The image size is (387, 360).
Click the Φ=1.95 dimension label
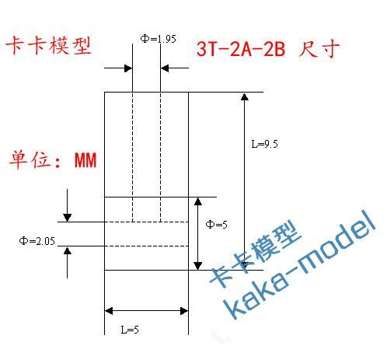coord(158,39)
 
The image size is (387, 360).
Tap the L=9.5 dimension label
coord(264,144)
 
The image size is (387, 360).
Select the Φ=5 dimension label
coord(216,225)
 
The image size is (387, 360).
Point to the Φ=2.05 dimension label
coord(37,241)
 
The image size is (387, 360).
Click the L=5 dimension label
coord(130,330)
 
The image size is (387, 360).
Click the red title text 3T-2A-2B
coord(241,49)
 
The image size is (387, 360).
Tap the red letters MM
coord(85,160)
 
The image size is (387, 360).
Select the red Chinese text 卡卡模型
coord(48,46)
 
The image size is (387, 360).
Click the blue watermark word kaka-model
coord(299,264)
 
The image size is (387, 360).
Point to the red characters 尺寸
coord(319,48)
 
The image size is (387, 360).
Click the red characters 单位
coord(30,159)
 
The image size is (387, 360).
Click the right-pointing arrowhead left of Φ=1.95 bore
coord(128,68)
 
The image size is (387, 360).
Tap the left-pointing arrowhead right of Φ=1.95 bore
coord(165,68)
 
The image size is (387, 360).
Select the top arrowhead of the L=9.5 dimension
coord(245,96)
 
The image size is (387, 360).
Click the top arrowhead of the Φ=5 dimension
coord(198,201)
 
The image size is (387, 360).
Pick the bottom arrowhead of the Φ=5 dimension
coord(198,266)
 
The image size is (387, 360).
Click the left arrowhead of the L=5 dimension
coord(109,311)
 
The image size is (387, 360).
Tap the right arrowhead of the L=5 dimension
coord(184,311)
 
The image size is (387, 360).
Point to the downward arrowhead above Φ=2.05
coord(68,218)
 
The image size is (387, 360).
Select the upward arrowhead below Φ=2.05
coord(68,250)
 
